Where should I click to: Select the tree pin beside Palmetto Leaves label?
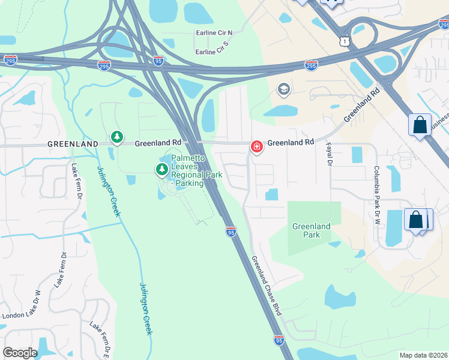[x=161, y=170]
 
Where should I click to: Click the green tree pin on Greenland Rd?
[x=118, y=137]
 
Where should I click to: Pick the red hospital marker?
[x=256, y=146]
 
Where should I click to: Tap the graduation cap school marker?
[x=283, y=90]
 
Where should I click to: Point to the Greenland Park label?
[x=311, y=230]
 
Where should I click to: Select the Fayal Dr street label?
[x=329, y=153]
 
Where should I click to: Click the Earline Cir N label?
[x=213, y=32]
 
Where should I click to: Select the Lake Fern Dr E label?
[x=100, y=338]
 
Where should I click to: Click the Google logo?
[x=19, y=353]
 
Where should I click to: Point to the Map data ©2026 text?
[x=423, y=355]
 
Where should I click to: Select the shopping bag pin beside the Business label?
[x=420, y=125]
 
